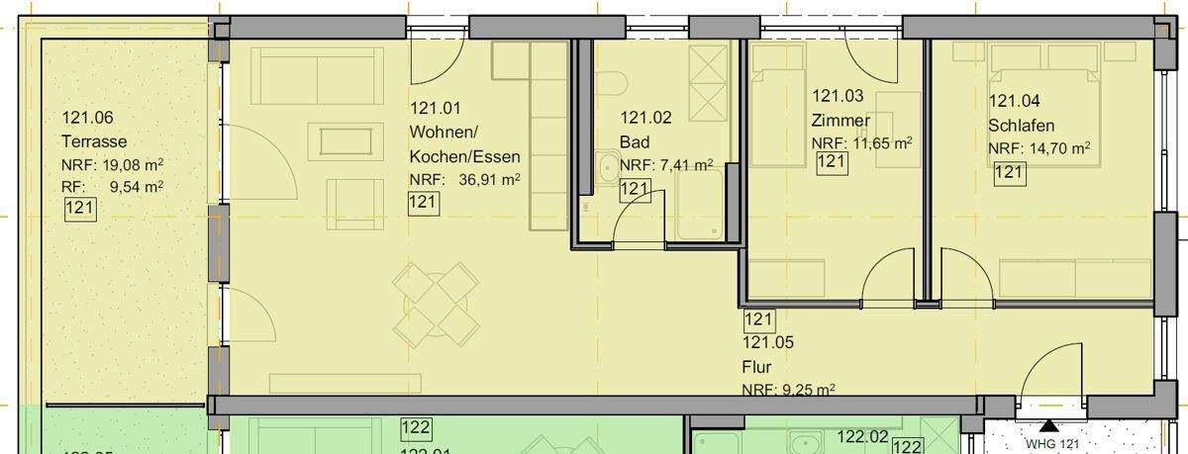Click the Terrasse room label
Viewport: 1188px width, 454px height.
[x=94, y=141]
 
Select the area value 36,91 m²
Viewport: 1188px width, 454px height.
[x=489, y=179]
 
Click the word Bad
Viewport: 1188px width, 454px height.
[x=635, y=142]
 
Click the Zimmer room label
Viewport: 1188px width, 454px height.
[x=841, y=121]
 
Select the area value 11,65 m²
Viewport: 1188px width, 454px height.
[x=875, y=143]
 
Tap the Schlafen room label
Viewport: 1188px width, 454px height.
[x=1021, y=126]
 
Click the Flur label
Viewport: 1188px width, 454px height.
[x=756, y=367]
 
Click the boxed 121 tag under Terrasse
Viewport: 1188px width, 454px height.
[x=78, y=209]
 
